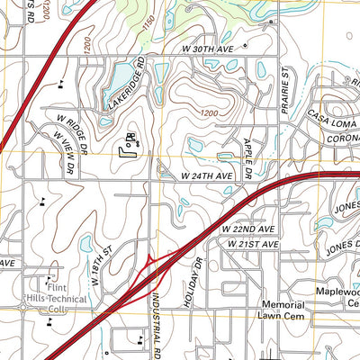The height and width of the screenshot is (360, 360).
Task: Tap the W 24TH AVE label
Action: click(207, 176)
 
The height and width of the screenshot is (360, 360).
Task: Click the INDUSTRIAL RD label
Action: click(157, 320)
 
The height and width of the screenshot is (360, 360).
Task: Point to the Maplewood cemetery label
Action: click(338, 298)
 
